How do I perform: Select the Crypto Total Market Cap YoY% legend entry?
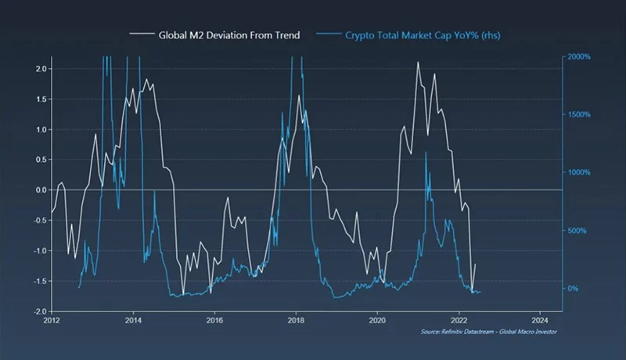pyautogui.click(x=413, y=35)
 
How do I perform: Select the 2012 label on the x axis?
pyautogui.click(x=52, y=320)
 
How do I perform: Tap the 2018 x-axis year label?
pyautogui.click(x=296, y=320)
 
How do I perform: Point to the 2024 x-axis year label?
pyautogui.click(x=540, y=320)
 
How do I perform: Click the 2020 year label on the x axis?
pyautogui.click(x=377, y=320)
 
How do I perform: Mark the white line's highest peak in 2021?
pyautogui.click(x=418, y=62)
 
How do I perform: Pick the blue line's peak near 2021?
pyautogui.click(x=426, y=153)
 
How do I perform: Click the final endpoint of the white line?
pyautogui.click(x=475, y=265)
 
